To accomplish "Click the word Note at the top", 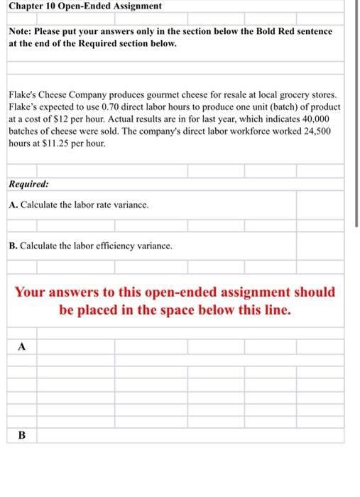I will pyautogui.click(x=21, y=32).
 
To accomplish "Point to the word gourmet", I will pyautogui.click(x=158, y=92).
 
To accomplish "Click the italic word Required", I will pyautogui.click(x=29, y=185).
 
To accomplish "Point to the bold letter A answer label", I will pyautogui.click(x=21, y=347).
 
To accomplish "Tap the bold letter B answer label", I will pyautogui.click(x=21, y=435).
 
